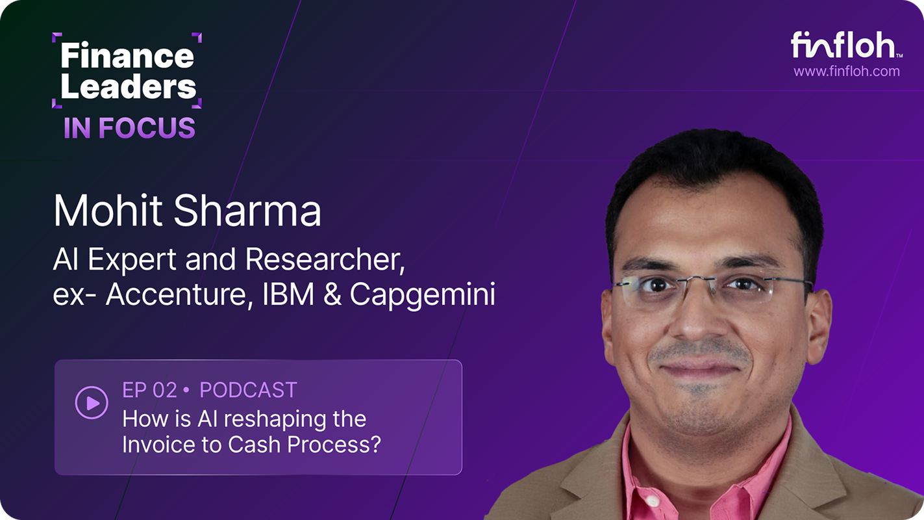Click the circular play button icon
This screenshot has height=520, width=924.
click(92, 403)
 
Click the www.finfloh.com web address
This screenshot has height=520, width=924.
click(847, 71)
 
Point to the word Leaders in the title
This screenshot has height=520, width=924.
click(128, 87)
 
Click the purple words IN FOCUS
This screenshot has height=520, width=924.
click(129, 128)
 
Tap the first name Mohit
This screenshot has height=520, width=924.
click(101, 211)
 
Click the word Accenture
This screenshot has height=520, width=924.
click(178, 295)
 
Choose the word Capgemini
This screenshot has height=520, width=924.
click(422, 295)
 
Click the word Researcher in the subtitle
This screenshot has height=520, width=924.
click(325, 261)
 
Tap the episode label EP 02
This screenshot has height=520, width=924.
click(149, 390)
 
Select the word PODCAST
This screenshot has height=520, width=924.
click(248, 390)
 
